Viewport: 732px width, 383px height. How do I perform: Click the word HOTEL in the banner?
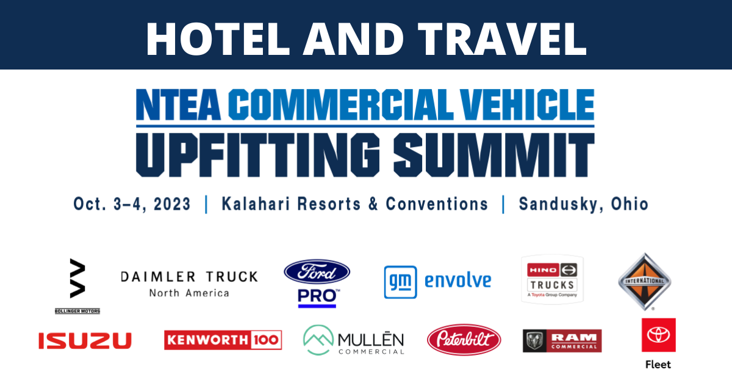pos(218,39)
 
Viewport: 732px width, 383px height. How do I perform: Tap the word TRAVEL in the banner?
pos(502,39)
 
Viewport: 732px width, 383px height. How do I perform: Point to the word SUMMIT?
pos(493,155)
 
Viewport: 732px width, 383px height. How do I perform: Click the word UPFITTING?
pos(258,155)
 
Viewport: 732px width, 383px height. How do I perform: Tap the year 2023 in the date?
pos(172,204)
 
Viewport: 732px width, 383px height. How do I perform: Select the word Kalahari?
pos(256,204)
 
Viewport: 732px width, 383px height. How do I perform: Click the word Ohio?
pos(630,204)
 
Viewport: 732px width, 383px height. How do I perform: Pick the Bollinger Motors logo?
pos(77,286)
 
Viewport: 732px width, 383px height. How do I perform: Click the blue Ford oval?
pos(317,272)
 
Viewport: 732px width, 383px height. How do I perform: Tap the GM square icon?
pos(400,282)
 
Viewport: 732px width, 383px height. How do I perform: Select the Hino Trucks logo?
pos(552,280)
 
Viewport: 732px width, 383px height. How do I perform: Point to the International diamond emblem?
pos(644,281)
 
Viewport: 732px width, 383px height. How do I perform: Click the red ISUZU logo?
pos(85,340)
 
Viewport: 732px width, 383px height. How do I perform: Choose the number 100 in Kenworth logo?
pos(267,340)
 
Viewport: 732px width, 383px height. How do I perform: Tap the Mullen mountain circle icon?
pos(318,340)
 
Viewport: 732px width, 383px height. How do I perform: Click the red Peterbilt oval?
pos(464,340)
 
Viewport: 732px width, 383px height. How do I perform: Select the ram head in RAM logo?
pos(534,341)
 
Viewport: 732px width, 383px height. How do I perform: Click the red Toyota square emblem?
pos(658,335)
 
